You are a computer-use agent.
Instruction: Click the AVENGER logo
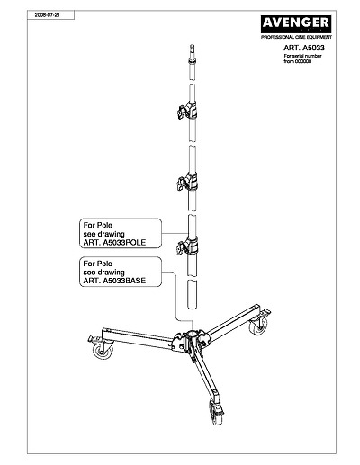tap(296, 24)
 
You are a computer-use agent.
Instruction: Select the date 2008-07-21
tap(47, 14)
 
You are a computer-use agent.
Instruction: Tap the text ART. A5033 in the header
tap(304, 48)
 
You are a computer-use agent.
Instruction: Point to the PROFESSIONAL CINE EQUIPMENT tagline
tap(296, 37)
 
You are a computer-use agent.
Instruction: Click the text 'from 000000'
tap(297, 61)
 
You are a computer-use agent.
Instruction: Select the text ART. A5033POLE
tap(114, 243)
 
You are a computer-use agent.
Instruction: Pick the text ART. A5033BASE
tap(114, 281)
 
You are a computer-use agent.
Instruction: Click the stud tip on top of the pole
tap(193, 48)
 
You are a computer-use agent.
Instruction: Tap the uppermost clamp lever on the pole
tap(182, 112)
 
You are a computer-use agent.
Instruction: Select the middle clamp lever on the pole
tap(182, 183)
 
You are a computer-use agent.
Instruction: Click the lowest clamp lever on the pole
tap(182, 247)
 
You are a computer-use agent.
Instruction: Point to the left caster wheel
tap(103, 351)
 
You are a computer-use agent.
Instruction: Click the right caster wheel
tap(258, 326)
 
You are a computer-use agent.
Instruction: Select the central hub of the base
tap(192, 340)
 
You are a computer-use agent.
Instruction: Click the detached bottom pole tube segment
tap(192, 294)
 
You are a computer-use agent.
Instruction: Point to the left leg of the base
tap(138, 338)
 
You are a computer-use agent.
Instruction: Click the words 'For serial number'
tap(302, 56)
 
